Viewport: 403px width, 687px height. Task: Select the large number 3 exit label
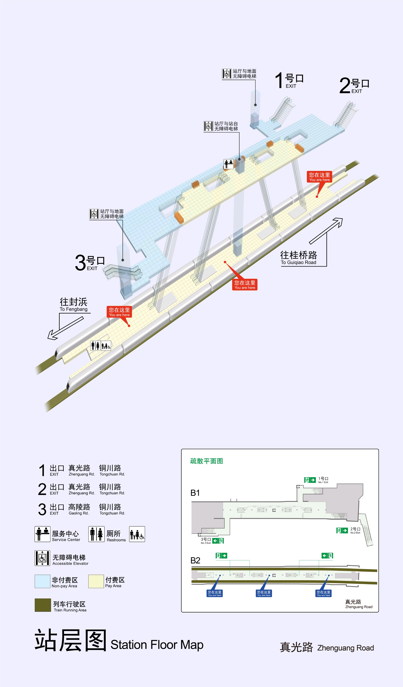89,263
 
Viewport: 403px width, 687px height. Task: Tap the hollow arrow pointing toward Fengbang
65,328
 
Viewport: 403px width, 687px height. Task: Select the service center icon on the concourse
229,164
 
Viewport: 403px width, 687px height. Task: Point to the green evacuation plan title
207,461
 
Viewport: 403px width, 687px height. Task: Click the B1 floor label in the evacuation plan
195,493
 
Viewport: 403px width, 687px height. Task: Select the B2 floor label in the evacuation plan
195,561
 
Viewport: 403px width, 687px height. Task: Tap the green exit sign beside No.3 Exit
218,541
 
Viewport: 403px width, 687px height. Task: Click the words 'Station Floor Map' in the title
157,645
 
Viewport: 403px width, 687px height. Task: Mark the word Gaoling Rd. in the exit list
79,513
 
